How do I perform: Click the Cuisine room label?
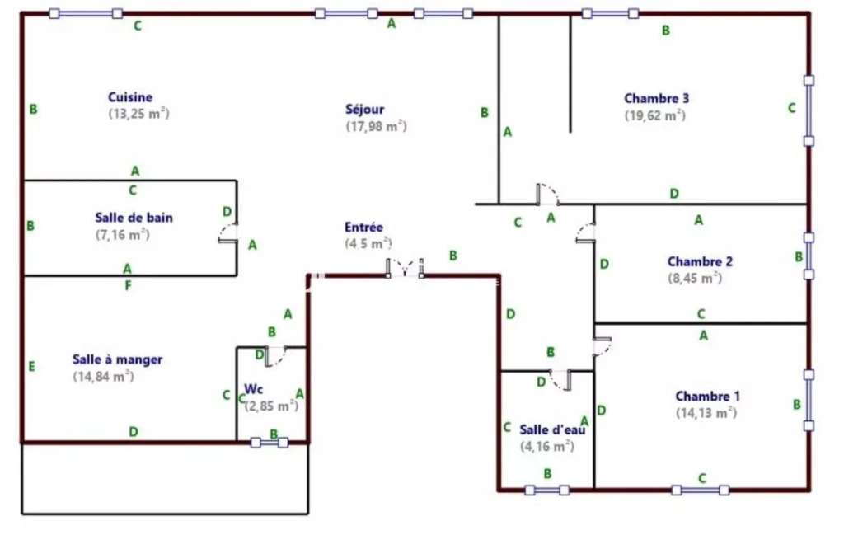click(x=130, y=97)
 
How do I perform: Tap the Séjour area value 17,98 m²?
click(x=376, y=126)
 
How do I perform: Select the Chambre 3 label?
click(x=656, y=98)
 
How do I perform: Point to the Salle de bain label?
click(x=134, y=218)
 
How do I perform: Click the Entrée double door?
click(x=405, y=268)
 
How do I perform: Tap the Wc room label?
click(x=254, y=388)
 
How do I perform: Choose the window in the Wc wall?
click(x=270, y=443)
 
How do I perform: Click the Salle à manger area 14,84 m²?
click(x=103, y=376)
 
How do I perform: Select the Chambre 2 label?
click(x=700, y=261)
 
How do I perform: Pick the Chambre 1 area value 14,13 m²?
click(x=706, y=413)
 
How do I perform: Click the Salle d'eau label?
click(x=552, y=429)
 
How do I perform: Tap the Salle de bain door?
click(x=228, y=233)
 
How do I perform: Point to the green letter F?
click(x=128, y=285)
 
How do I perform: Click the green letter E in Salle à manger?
click(x=32, y=367)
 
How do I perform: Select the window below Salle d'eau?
click(x=547, y=490)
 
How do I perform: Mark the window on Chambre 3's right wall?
click(x=809, y=110)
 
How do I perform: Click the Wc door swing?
click(x=275, y=356)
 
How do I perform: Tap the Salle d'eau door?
click(x=560, y=380)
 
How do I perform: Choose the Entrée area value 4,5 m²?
click(x=368, y=244)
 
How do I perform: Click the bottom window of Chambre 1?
click(x=701, y=490)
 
